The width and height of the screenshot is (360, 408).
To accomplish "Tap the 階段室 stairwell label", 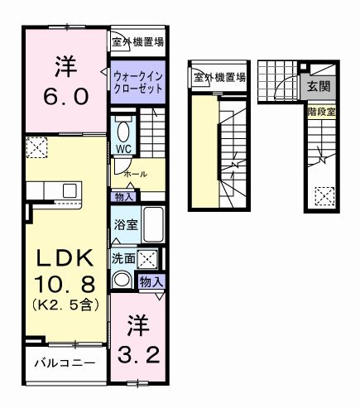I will (x=321, y=111).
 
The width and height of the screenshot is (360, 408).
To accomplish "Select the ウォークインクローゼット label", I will (x=137, y=80).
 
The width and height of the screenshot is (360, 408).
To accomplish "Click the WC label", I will (x=123, y=150).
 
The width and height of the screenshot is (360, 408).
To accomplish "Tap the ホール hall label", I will (x=135, y=175).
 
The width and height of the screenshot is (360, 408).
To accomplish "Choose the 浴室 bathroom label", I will (x=126, y=223).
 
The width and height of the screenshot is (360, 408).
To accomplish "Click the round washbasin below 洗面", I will (x=122, y=280).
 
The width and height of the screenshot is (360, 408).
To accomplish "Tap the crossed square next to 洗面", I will (x=149, y=258).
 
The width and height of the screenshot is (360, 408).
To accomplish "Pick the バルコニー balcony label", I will (x=64, y=363).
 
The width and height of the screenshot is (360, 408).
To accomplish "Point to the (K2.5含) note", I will (x=66, y=305).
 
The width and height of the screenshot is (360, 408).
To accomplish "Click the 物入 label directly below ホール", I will (x=125, y=197).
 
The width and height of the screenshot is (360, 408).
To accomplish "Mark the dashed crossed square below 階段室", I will (x=324, y=197).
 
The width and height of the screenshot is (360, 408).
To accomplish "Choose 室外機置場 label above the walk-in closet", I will (x=137, y=40).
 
